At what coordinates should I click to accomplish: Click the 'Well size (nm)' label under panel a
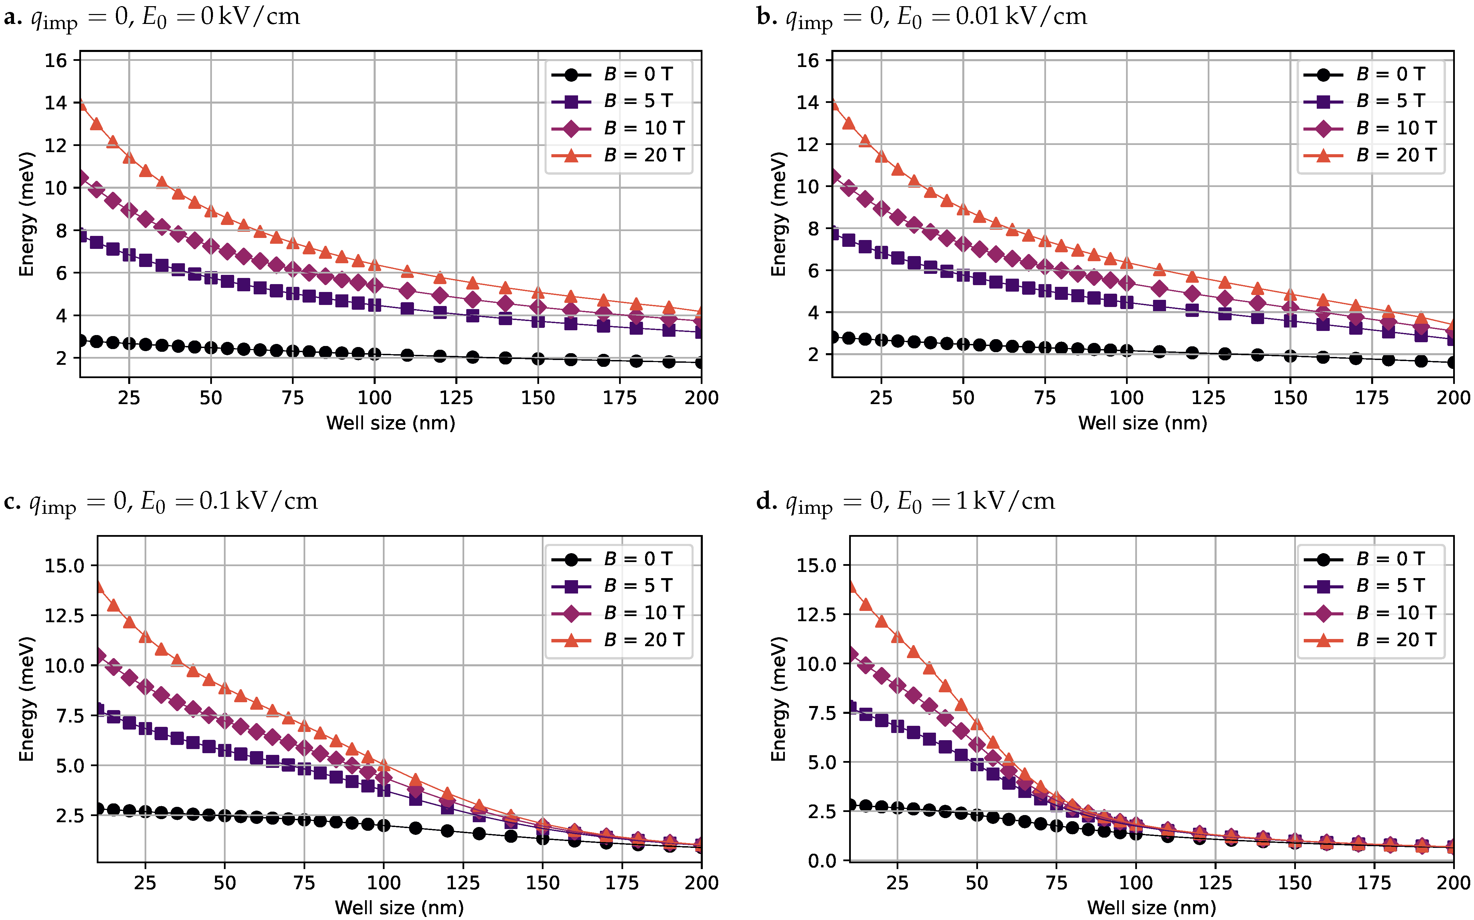point(391,423)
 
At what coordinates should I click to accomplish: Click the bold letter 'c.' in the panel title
point(12,502)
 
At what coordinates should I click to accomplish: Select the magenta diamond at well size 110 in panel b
point(1160,289)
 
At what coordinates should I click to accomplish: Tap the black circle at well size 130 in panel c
point(479,833)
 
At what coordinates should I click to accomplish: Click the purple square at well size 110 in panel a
point(407,308)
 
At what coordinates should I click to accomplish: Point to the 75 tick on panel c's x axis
point(304,883)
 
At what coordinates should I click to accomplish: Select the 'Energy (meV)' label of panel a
point(26,214)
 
